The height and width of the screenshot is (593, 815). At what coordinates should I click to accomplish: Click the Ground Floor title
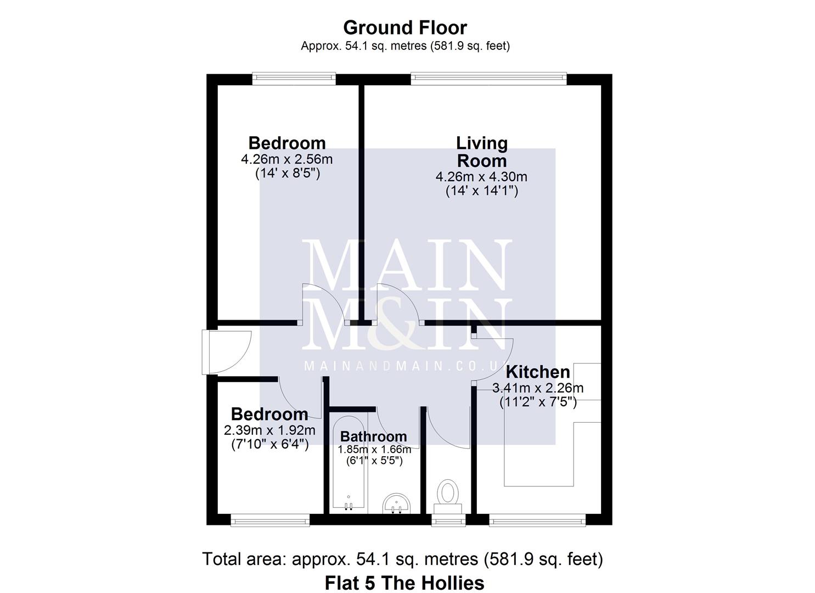(405, 27)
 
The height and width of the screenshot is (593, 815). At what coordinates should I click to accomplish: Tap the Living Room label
(481, 152)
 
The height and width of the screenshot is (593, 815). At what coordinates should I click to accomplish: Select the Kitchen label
(537, 372)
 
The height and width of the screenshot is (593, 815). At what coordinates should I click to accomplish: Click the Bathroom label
(374, 437)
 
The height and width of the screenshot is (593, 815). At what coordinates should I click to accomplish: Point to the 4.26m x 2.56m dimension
(286, 160)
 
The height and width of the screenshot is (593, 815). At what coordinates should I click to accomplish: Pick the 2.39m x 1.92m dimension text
(269, 430)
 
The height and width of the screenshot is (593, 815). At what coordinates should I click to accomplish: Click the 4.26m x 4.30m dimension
(481, 177)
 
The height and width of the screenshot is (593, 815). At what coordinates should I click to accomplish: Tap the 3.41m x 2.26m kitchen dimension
(538, 388)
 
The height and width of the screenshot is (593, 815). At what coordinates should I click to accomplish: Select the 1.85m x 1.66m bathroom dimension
(374, 449)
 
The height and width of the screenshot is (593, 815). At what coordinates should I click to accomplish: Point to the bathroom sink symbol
(396, 503)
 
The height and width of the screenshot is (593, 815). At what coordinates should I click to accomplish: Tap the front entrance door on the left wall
(225, 351)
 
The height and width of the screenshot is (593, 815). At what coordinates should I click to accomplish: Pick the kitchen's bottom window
(537, 519)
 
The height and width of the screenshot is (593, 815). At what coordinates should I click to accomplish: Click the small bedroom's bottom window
(270, 519)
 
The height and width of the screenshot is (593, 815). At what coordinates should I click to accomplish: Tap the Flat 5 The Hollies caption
(404, 583)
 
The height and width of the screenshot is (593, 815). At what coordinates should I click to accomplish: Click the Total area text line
(402, 559)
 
